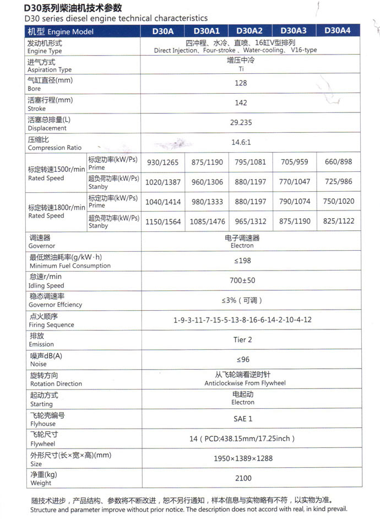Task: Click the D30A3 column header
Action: [x=294, y=31]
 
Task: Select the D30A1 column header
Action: [x=207, y=31]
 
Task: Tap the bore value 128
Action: [x=241, y=83]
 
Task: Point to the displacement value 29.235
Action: [x=241, y=123]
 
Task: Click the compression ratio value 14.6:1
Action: [x=241, y=142]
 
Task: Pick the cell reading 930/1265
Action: [x=162, y=162]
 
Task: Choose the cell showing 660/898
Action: [x=339, y=162]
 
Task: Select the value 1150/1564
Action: [x=162, y=221]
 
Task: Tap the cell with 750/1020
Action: [x=339, y=202]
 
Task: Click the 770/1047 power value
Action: [x=295, y=182]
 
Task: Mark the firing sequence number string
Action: [x=242, y=320]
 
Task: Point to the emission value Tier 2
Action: [x=242, y=340]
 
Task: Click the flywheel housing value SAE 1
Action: [x=242, y=419]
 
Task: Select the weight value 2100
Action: [x=242, y=478]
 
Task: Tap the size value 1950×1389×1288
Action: [x=242, y=458]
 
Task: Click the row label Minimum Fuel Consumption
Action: [x=69, y=266]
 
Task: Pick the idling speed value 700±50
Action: [x=242, y=280]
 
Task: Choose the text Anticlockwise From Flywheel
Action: [x=245, y=383]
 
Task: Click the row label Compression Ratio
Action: [x=55, y=148]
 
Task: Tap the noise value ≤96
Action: [x=242, y=360]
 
